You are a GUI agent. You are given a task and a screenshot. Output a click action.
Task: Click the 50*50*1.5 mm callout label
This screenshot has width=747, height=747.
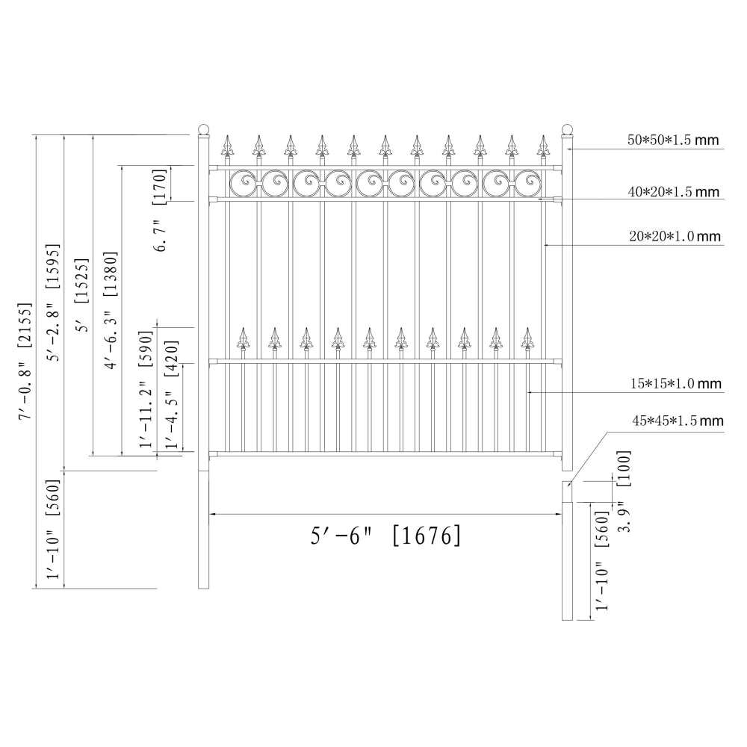(673, 140)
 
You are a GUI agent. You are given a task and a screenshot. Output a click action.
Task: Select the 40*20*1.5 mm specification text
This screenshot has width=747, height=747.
(673, 191)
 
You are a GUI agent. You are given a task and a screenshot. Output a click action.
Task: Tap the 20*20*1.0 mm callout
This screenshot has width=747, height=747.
(675, 236)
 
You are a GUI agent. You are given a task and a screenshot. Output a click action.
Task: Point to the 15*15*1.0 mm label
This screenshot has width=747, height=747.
(676, 383)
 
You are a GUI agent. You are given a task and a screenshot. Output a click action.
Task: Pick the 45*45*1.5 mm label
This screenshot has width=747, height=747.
(678, 421)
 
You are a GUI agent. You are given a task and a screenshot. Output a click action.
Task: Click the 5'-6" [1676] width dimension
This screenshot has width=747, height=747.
(385, 536)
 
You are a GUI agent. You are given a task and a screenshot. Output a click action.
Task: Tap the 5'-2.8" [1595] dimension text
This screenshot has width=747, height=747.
(53, 302)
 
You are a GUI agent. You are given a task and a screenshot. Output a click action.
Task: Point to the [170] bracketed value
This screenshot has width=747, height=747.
(160, 186)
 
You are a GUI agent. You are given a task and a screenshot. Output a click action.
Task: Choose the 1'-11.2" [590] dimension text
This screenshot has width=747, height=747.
(146, 388)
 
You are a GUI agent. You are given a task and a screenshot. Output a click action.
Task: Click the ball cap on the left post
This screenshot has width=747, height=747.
(203, 129)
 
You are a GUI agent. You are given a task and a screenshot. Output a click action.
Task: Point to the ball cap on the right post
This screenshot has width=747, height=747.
(567, 129)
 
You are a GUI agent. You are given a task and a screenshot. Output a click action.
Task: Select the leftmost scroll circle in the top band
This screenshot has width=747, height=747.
(245, 183)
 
